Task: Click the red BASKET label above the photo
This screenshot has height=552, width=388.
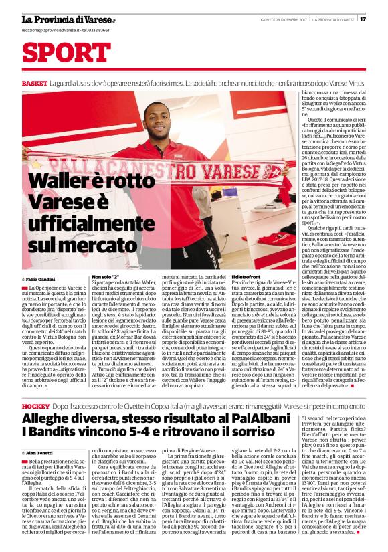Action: [x=34, y=83]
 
